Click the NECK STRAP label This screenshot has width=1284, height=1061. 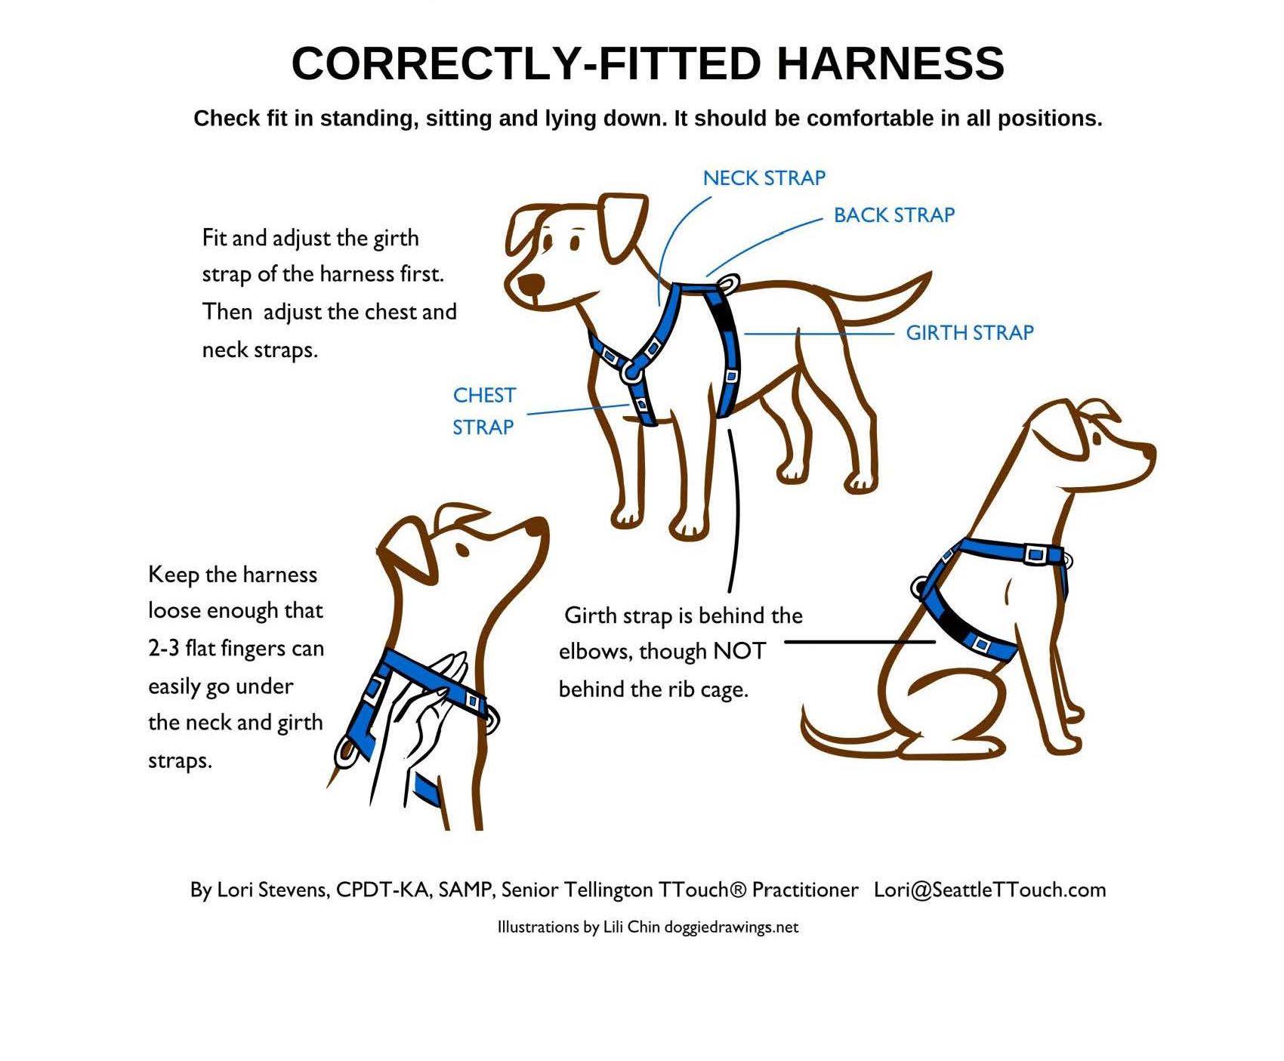(x=764, y=178)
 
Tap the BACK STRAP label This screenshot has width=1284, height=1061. (x=894, y=215)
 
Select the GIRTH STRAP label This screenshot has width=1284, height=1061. (x=970, y=333)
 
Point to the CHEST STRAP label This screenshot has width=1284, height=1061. (x=484, y=412)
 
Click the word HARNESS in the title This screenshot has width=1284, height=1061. (x=890, y=63)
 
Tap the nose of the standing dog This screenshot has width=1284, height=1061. (x=532, y=285)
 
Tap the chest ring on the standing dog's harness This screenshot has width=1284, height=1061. (x=631, y=369)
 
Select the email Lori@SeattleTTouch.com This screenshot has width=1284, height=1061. (x=990, y=890)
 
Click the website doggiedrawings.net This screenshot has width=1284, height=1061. (x=731, y=927)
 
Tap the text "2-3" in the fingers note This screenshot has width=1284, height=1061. (x=164, y=649)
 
